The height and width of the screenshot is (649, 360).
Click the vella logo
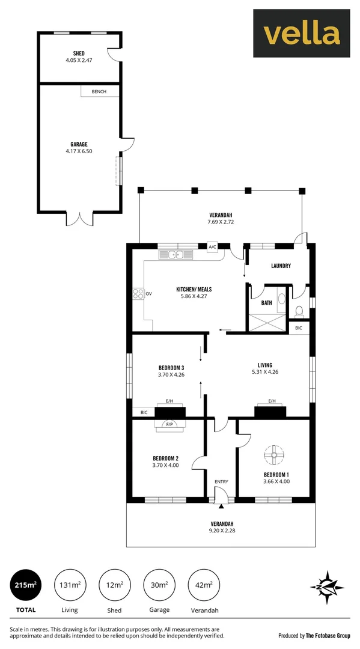[302, 33]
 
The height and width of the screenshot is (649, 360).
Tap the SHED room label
[78, 53]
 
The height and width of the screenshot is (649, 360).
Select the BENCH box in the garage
[99, 92]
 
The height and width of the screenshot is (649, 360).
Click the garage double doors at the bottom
[80, 219]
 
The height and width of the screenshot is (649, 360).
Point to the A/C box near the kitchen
[212, 247]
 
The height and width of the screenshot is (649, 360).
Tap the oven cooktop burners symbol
[138, 294]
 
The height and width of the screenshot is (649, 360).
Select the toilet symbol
[299, 311]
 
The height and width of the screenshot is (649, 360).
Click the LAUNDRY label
[281, 266]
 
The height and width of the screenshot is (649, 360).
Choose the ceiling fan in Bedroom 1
[273, 454]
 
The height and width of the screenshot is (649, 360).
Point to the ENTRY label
[221, 482]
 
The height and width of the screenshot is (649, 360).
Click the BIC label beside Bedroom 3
[144, 412]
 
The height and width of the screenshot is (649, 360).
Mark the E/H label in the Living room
[272, 401]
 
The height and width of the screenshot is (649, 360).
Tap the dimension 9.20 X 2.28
[221, 531]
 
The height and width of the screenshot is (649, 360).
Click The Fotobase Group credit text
[328, 635]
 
